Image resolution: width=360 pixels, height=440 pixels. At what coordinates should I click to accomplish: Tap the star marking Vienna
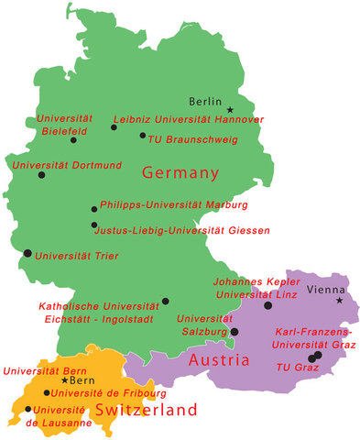pos(339,300)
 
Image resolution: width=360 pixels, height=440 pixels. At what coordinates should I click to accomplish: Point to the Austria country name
pos(219,360)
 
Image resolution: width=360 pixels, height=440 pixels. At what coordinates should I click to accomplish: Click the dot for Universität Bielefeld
pos(73,140)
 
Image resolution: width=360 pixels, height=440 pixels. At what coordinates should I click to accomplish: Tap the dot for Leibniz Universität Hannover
pos(114,127)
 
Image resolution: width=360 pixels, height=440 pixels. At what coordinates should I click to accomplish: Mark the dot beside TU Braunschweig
pos(142,136)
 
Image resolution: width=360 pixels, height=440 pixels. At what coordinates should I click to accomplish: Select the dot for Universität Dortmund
pos(40,174)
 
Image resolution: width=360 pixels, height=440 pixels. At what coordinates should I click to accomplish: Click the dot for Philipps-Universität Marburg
pos(93,209)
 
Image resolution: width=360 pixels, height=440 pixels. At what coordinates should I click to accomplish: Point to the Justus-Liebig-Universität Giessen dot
pos(93,225)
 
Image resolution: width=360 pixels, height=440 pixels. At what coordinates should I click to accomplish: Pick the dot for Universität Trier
pos(27,253)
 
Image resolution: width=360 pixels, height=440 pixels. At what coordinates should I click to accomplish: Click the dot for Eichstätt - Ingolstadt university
pos(165,301)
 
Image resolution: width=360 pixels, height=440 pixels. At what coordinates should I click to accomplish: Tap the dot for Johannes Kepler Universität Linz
pos(267,305)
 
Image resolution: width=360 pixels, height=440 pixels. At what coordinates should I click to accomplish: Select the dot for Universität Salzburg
pos(235,332)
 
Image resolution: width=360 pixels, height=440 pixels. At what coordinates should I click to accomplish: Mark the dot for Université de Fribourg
pos(47,392)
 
